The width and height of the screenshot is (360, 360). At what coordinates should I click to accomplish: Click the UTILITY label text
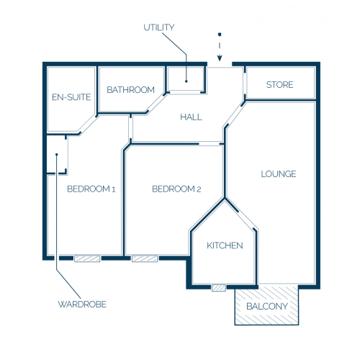click(x=159, y=27)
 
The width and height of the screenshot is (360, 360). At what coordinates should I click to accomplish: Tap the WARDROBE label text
click(x=82, y=305)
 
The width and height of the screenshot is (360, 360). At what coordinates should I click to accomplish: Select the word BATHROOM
click(x=131, y=90)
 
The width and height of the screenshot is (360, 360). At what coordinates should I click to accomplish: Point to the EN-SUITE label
click(x=71, y=97)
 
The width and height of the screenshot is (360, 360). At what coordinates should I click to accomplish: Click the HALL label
click(x=191, y=117)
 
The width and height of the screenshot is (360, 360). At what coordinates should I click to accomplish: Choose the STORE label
click(x=280, y=85)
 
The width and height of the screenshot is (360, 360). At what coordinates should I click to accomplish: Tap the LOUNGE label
click(x=279, y=174)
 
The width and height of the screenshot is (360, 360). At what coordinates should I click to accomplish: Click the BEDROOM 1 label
click(x=91, y=189)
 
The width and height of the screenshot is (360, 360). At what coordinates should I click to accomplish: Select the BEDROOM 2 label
click(x=176, y=189)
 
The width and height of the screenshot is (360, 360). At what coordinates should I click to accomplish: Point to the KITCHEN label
click(x=225, y=246)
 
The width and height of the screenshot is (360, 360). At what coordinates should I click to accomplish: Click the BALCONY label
click(x=267, y=306)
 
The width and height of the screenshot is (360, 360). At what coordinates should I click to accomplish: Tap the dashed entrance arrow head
click(x=220, y=58)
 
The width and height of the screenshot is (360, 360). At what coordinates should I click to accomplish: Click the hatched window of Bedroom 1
click(x=87, y=258)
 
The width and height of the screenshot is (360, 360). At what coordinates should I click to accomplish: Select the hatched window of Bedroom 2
click(x=145, y=258)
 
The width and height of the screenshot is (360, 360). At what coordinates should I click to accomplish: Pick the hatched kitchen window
click(x=219, y=288)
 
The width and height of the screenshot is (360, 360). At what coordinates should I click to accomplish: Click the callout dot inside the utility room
click(x=186, y=81)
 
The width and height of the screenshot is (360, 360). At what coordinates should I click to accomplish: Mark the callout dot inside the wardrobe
click(x=57, y=155)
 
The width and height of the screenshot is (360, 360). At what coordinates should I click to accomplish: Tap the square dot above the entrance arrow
click(x=220, y=35)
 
